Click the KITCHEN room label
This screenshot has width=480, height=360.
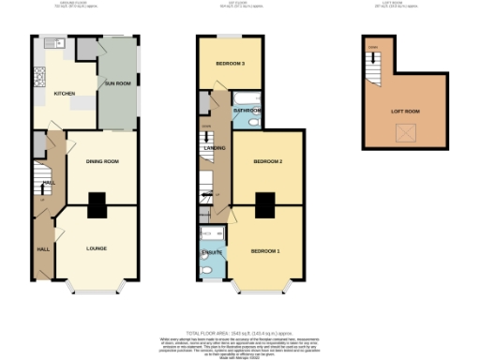coord(64,94)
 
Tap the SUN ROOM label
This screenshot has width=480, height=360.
coord(117,84)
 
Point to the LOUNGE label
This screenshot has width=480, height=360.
coord(97,248)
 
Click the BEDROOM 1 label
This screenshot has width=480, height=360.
coord(265,252)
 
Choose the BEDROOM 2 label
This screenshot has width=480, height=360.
coord(267,162)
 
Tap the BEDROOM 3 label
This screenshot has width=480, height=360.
coord(230,65)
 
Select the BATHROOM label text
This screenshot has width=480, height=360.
coord(247,111)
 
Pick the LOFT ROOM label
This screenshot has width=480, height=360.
coord(406,111)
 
